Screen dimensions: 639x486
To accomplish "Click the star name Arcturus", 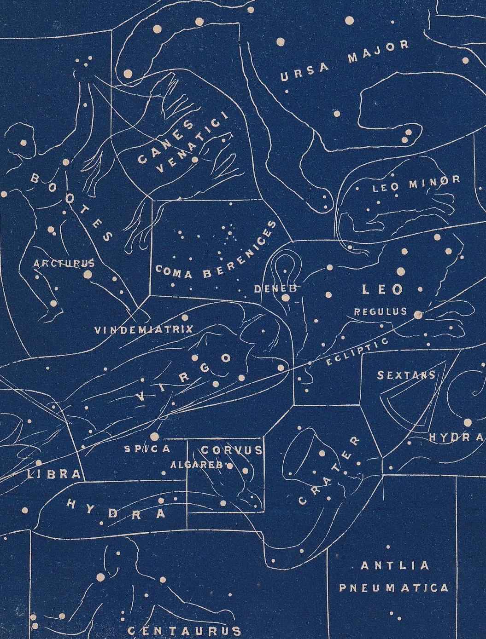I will coord(64,263).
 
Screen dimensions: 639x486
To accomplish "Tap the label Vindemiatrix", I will coord(144,330).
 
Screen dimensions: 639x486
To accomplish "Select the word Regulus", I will coord(381,311).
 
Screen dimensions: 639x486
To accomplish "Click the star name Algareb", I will coord(197,465).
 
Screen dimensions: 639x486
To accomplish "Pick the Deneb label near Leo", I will coord(275,289).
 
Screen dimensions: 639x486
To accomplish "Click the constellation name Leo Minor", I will coord(416,184).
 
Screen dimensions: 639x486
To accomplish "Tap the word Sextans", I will coord(406,375).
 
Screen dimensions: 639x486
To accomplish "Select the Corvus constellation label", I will coord(232,450).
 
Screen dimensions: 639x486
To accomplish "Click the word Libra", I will coord(54,474).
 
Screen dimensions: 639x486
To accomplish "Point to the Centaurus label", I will coord(184,630).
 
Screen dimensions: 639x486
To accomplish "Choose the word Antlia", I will coord(395,566).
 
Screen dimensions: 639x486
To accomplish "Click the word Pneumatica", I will coord(393,588).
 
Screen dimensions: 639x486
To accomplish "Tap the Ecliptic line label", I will coord(357,352).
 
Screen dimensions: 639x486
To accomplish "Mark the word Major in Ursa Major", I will coord(378,51).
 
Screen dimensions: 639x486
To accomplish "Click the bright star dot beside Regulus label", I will coord(418,315).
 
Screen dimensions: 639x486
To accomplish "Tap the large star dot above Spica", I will coord(154,436).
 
